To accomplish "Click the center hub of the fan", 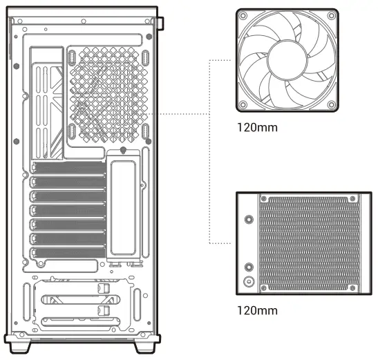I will tap(287, 59).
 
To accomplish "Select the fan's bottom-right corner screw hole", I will tap(332, 104).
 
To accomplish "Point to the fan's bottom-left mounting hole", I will tap(243, 104).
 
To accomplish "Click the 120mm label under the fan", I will tap(257, 128).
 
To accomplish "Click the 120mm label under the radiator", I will tap(257, 310).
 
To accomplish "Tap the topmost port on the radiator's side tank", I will tap(248, 217).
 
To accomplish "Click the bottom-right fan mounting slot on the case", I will tap(146, 131).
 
